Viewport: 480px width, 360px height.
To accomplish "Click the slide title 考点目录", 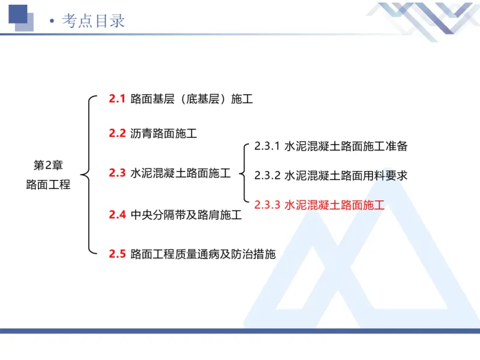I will click(x=94, y=20).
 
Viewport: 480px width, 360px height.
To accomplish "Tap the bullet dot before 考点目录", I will click(x=52, y=22).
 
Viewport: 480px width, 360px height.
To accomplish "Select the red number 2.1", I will click(x=117, y=98).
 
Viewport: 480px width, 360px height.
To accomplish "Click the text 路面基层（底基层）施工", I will click(x=191, y=98).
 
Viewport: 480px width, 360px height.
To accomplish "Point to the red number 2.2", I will click(x=117, y=133).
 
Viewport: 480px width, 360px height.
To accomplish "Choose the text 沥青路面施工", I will click(x=163, y=133).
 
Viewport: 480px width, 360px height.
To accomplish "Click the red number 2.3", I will click(x=117, y=173).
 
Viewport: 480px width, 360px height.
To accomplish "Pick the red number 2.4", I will click(x=117, y=214).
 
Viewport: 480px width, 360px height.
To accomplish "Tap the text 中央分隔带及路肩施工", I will click(x=186, y=214).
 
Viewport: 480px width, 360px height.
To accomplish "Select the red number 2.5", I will click(x=117, y=254).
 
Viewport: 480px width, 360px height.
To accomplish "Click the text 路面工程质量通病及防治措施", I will click(x=203, y=254).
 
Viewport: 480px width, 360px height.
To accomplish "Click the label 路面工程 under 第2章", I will click(x=48, y=185).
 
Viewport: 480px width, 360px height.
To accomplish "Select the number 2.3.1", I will click(x=267, y=146).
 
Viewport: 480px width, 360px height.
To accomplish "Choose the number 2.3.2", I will click(x=267, y=175).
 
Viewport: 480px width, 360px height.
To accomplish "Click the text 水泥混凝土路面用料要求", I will click(x=346, y=175).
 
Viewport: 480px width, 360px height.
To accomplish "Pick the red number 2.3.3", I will click(x=267, y=205).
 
